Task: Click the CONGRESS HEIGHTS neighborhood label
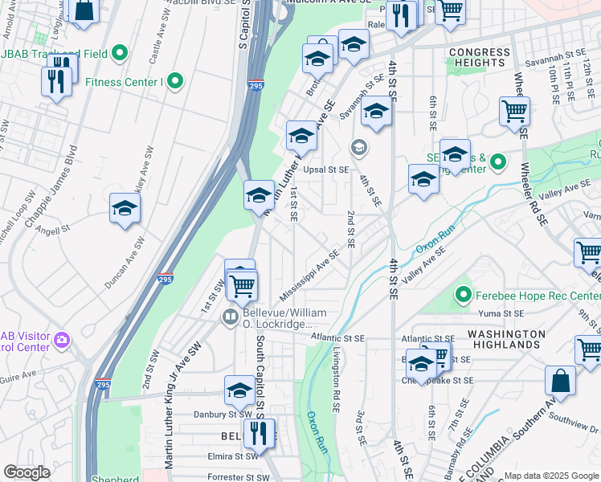click(x=480, y=58)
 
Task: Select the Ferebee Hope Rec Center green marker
click(x=462, y=296)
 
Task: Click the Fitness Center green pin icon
click(x=174, y=81)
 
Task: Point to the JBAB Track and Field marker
click(x=121, y=54)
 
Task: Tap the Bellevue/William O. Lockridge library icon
click(x=230, y=317)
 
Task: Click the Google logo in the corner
click(x=27, y=472)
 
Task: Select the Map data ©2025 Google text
click(x=550, y=476)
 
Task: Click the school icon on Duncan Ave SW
click(x=125, y=209)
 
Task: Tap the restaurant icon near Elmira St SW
click(x=259, y=435)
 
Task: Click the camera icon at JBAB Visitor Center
click(x=62, y=341)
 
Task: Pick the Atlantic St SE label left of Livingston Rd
click(x=338, y=339)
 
